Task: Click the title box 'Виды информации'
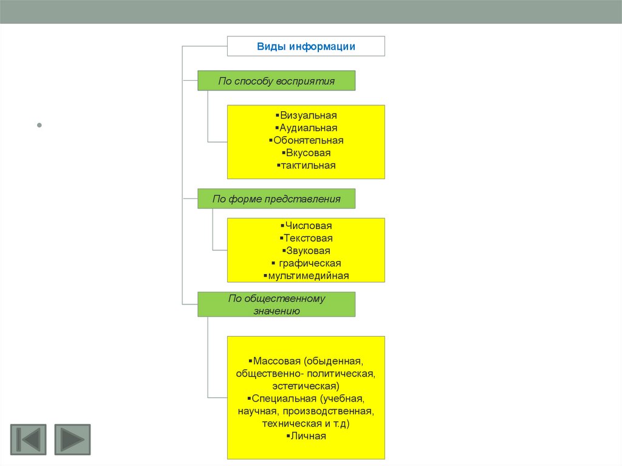[306, 46]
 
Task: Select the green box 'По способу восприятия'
[276, 81]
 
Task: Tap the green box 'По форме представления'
[276, 199]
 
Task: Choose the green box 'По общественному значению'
[276, 304]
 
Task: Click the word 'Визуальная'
[308, 115]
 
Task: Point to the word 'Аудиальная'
[308, 128]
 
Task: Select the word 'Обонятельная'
[308, 140]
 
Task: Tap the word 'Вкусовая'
[308, 153]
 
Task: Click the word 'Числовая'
[308, 226]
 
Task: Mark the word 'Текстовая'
[308, 239]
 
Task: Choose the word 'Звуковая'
[308, 251]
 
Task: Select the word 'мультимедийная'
[308, 276]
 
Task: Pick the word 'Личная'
[308, 436]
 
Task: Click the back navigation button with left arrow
[28, 439]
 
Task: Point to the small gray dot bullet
[39, 126]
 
